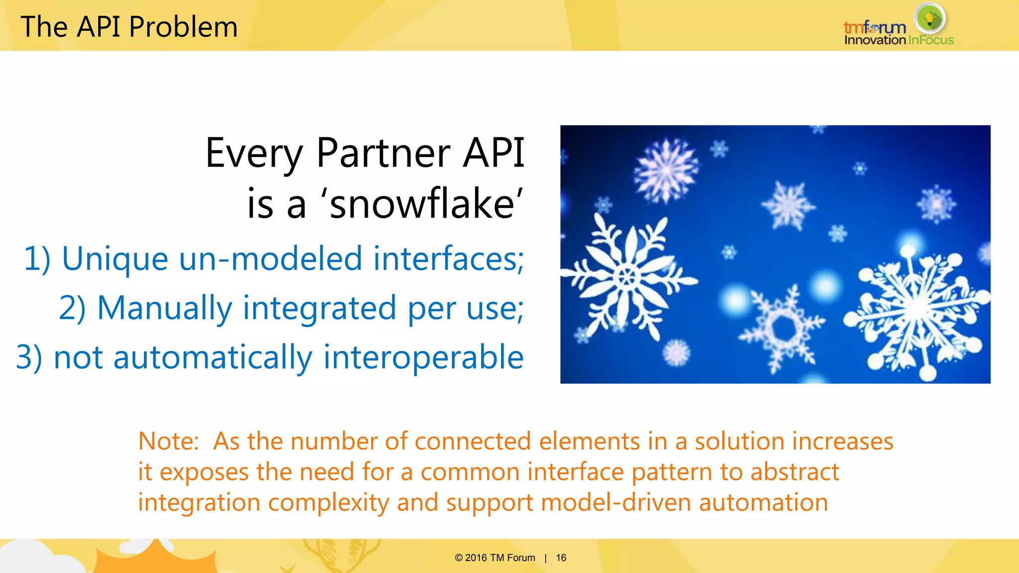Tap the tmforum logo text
pyautogui.click(x=874, y=27)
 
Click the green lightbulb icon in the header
pyautogui.click(x=929, y=19)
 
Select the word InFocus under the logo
pyautogui.click(x=930, y=40)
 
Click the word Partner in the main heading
pyautogui.click(x=383, y=153)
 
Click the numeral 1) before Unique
pyautogui.click(x=37, y=259)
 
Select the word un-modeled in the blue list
pyautogui.click(x=270, y=259)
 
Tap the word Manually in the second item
pyautogui.click(x=164, y=308)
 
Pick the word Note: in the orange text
pyautogui.click(x=168, y=441)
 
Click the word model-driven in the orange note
pyautogui.click(x=616, y=502)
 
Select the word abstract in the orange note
pyautogui.click(x=795, y=472)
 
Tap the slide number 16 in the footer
pyautogui.click(x=561, y=558)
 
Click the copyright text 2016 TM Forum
pyautogui.click(x=500, y=558)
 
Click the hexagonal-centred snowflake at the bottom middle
pyautogui.click(x=783, y=328)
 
